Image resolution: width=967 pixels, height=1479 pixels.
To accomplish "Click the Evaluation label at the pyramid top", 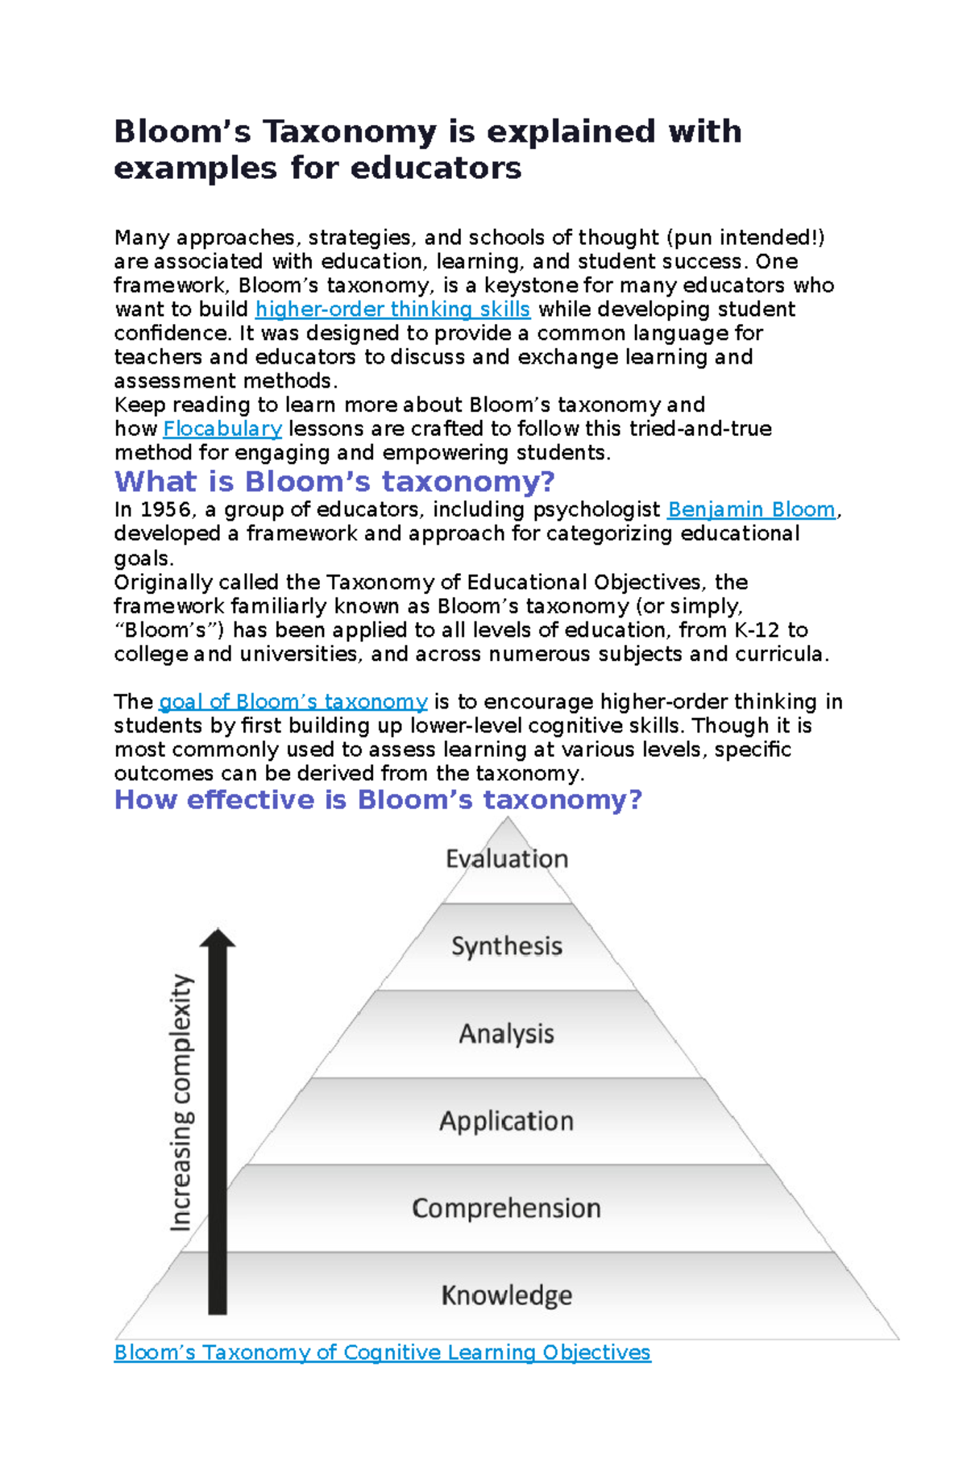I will [x=507, y=858].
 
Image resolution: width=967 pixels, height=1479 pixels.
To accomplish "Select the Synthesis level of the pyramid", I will [x=507, y=945].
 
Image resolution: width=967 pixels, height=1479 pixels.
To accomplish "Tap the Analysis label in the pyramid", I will [x=507, y=1033].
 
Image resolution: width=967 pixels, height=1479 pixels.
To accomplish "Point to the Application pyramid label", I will [x=507, y=1121].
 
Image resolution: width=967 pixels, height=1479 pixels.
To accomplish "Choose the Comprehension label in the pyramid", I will [x=507, y=1208].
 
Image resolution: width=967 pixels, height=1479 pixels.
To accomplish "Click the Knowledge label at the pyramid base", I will [x=507, y=1295].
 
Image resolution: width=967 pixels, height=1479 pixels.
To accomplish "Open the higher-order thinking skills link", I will [x=392, y=310].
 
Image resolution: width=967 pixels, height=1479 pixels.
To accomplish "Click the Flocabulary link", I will [x=222, y=429].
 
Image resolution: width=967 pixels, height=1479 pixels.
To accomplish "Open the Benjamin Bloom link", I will [x=751, y=509].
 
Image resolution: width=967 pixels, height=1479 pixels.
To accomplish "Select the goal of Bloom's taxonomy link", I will [x=293, y=702].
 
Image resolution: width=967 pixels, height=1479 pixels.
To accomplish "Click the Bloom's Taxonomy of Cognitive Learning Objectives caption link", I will [x=382, y=1352].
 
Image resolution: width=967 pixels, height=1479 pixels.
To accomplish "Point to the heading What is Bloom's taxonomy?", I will [x=334, y=482].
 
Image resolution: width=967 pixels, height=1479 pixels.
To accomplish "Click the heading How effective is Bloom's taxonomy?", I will [x=378, y=800].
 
